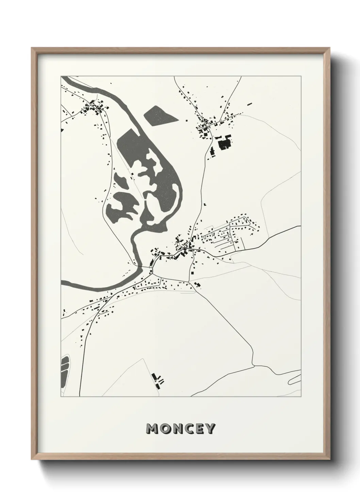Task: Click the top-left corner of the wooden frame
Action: coord(32,49)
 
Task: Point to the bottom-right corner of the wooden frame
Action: coord(331,460)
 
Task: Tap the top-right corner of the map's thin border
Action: coord(301,76)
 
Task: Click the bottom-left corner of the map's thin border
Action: coord(61,396)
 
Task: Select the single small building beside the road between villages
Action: coord(205,204)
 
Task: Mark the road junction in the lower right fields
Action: coord(254,366)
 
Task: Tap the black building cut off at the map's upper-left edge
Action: coord(62,130)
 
